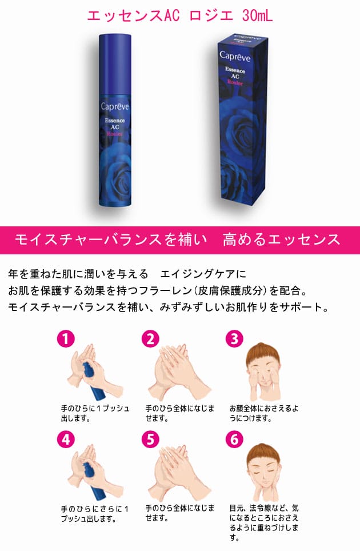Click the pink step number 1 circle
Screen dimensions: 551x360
tap(66, 339)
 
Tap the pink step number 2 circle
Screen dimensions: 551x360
tap(150, 339)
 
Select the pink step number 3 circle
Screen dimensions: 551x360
tap(234, 339)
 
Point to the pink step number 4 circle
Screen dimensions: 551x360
tap(66, 440)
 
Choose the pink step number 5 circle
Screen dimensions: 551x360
tap(150, 440)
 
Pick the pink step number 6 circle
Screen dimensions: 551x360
tap(234, 440)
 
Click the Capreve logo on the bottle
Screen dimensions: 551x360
tap(116, 106)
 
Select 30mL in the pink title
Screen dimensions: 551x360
tap(258, 16)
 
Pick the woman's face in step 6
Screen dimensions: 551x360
tap(262, 472)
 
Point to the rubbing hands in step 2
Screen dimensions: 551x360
tap(174, 372)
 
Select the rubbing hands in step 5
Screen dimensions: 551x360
tap(174, 474)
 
